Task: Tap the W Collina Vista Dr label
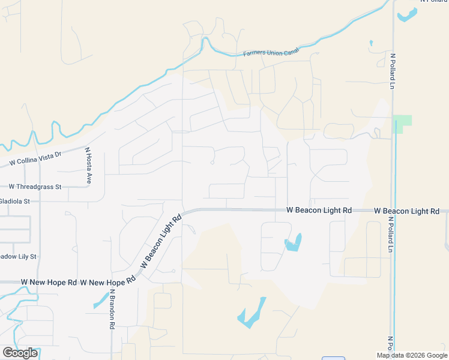pyautogui.click(x=35, y=158)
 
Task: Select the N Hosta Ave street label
pyautogui.click(x=88, y=166)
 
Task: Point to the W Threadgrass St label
pyautogui.click(x=35, y=187)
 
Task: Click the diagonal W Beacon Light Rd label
pyautogui.click(x=160, y=242)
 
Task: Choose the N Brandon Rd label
pyautogui.click(x=112, y=309)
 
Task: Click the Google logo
pyautogui.click(x=20, y=353)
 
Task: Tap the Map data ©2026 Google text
pyautogui.click(x=411, y=355)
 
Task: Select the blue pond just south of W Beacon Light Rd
pyautogui.click(x=294, y=242)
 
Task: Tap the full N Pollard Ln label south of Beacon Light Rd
pyautogui.click(x=391, y=233)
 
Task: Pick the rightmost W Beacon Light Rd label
pyautogui.click(x=406, y=211)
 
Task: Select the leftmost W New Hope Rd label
pyautogui.click(x=49, y=282)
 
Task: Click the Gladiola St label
pyautogui.click(x=14, y=201)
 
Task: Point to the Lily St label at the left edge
pyautogui.click(x=18, y=256)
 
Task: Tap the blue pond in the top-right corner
pyautogui.click(x=408, y=14)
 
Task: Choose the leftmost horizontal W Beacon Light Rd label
pyautogui.click(x=319, y=211)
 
